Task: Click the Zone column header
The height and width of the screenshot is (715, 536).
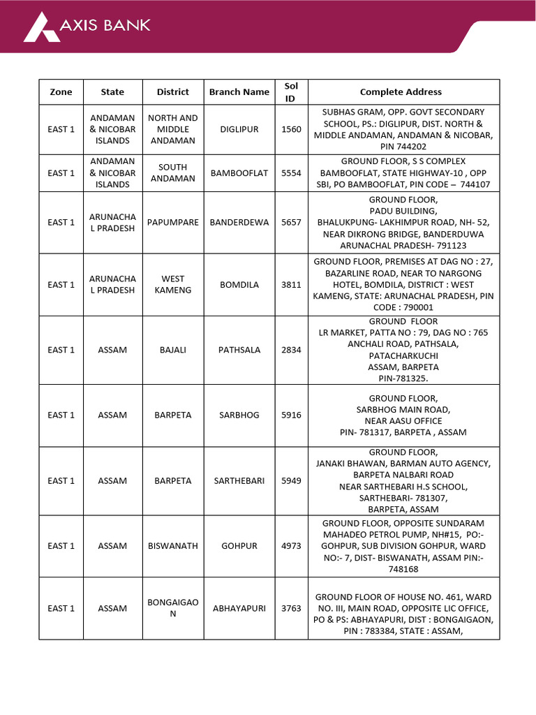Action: point(61,92)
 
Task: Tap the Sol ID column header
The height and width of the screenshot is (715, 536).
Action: point(291,92)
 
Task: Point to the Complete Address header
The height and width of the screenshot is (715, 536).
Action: point(401,92)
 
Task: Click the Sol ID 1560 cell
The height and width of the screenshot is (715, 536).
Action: point(291,129)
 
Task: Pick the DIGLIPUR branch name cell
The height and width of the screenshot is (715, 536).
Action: point(239,129)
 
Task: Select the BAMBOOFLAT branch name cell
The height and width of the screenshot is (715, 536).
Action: point(239,173)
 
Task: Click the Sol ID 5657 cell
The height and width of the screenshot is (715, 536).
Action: point(291,223)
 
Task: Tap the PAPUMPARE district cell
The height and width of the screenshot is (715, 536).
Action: point(173,223)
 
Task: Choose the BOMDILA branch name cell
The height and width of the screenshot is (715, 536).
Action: point(239,285)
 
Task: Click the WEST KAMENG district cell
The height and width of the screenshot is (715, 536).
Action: point(173,285)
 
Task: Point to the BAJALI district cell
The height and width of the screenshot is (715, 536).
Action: point(173,350)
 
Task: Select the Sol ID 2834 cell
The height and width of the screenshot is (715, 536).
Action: point(291,350)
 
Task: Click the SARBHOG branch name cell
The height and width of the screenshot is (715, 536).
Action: point(239,415)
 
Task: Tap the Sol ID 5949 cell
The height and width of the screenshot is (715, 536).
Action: point(291,481)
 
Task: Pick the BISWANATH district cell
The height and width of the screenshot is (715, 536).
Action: point(173,546)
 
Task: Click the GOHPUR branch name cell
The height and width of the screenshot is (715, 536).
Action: point(239,546)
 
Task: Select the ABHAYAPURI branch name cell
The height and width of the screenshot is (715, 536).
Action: point(239,608)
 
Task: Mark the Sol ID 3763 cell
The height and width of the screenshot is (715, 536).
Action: point(291,608)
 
